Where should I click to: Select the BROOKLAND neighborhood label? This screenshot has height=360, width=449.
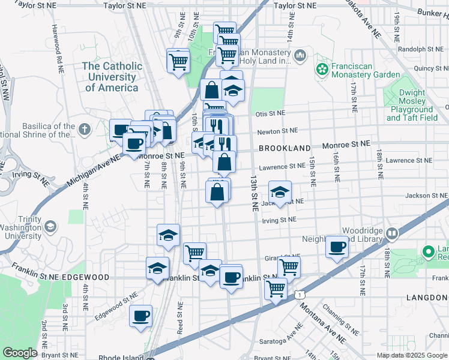tap(285, 148)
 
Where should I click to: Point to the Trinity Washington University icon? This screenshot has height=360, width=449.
tap(51, 226)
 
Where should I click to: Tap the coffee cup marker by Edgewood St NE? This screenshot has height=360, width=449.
tap(141, 316)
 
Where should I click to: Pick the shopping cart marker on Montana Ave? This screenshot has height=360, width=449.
tap(276, 289)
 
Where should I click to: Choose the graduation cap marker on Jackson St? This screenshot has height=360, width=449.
tap(280, 192)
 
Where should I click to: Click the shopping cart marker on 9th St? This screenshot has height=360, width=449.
tap(178, 60)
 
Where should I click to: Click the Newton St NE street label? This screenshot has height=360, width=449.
tap(277, 130)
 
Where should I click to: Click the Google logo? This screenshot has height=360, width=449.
tap(20, 353)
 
